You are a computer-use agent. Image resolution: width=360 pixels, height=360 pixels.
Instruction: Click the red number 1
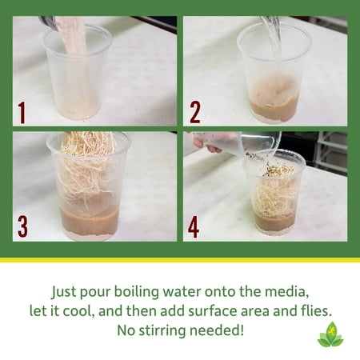tap(22, 112)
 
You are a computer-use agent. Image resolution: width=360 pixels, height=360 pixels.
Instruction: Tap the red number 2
tap(195, 113)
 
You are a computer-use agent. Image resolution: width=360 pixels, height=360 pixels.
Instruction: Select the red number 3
tap(22, 226)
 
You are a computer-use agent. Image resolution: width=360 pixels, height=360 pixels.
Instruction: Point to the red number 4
tap(194, 226)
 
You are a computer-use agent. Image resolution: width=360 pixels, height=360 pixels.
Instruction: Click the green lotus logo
tap(330, 334)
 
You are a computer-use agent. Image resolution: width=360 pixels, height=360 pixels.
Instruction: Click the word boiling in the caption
tap(137, 292)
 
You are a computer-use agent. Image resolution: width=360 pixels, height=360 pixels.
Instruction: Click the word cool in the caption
tap(79, 311)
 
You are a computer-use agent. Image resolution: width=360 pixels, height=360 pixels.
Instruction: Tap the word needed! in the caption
tap(217, 330)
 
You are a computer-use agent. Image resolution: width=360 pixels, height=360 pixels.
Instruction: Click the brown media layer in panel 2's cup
tap(274, 110)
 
